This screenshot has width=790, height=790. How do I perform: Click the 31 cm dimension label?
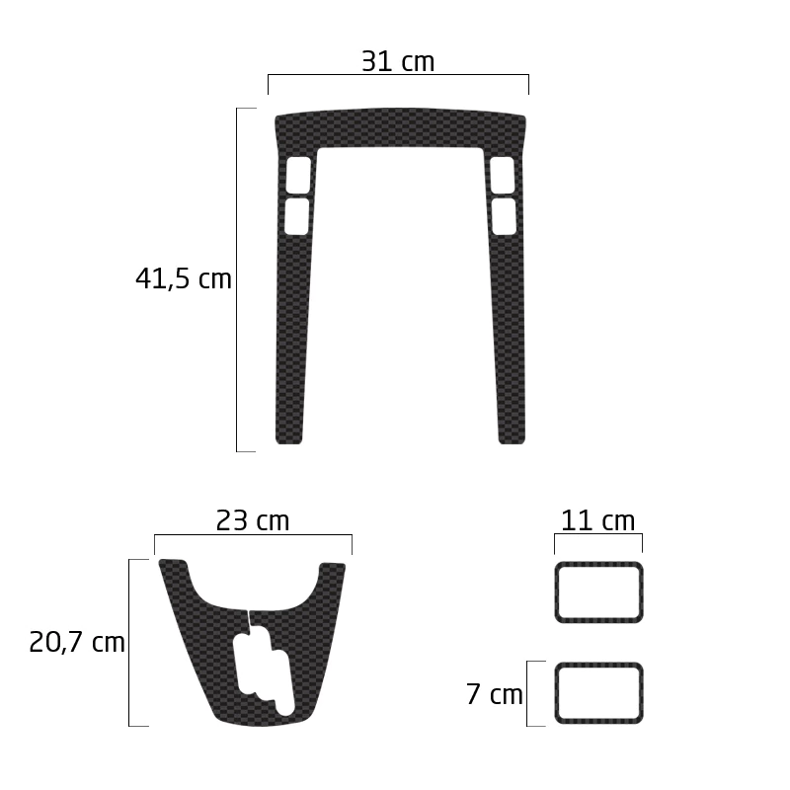click(398, 61)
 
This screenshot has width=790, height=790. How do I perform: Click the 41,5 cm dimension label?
click(183, 278)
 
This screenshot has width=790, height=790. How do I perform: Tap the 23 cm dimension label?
click(253, 520)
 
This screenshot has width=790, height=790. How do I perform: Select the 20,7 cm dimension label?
click(77, 643)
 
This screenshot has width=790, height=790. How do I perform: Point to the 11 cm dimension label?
click(597, 520)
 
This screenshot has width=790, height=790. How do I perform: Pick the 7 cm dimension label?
click(495, 694)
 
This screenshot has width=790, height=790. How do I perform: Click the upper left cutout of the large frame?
click(298, 175)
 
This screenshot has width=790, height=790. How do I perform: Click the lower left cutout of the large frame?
click(297, 216)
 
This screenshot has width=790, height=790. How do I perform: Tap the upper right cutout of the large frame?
click(503, 175)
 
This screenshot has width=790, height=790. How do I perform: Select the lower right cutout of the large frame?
click(504, 216)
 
